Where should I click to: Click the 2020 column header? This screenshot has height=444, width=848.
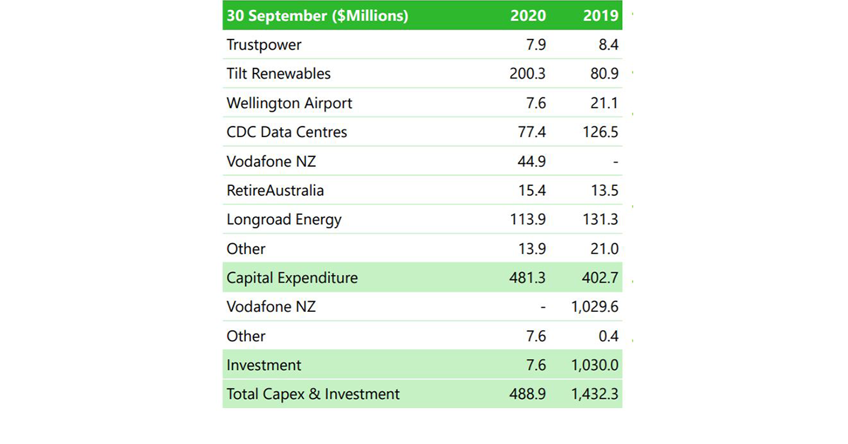coord(528,16)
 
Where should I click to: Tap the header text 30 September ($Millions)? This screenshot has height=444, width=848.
coord(317,16)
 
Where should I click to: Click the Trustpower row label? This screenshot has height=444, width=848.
coord(264,45)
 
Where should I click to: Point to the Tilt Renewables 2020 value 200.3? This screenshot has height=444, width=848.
coord(527,74)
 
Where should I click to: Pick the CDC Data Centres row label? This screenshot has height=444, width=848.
coord(287,132)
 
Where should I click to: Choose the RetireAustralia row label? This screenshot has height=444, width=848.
coord(276,191)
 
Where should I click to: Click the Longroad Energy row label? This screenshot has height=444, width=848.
coord(284,220)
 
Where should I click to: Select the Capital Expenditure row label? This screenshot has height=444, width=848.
coord(292,278)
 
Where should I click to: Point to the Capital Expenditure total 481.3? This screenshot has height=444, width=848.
coord(527,278)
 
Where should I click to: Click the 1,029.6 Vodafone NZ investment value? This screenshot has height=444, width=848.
coord(595,307)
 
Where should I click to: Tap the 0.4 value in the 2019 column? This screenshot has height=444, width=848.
coord(608,337)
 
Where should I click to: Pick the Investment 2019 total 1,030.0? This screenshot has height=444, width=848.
coord(595,366)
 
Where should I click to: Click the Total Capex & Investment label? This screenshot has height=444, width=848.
coord(313,395)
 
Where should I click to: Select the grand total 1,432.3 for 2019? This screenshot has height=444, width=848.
coord(595,395)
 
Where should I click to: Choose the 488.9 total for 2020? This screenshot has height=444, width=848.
coord(527,395)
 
